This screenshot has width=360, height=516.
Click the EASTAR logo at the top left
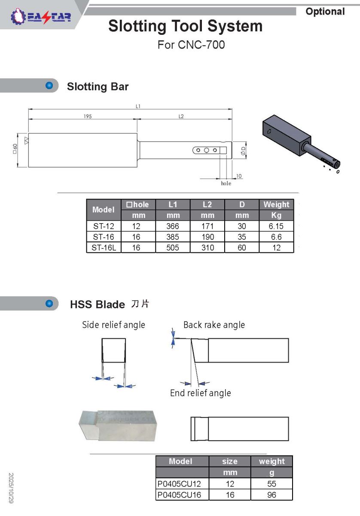point(41,17)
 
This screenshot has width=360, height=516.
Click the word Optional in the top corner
point(325,12)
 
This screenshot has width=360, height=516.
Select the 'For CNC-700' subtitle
point(191,45)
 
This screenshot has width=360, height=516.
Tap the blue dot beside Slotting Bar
point(49,85)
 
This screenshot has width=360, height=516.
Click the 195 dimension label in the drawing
point(88,117)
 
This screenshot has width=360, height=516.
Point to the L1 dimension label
point(138,107)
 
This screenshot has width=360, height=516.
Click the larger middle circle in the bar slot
point(207,150)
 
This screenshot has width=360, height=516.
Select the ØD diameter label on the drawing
point(243,150)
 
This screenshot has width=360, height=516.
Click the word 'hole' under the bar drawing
point(226,183)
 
